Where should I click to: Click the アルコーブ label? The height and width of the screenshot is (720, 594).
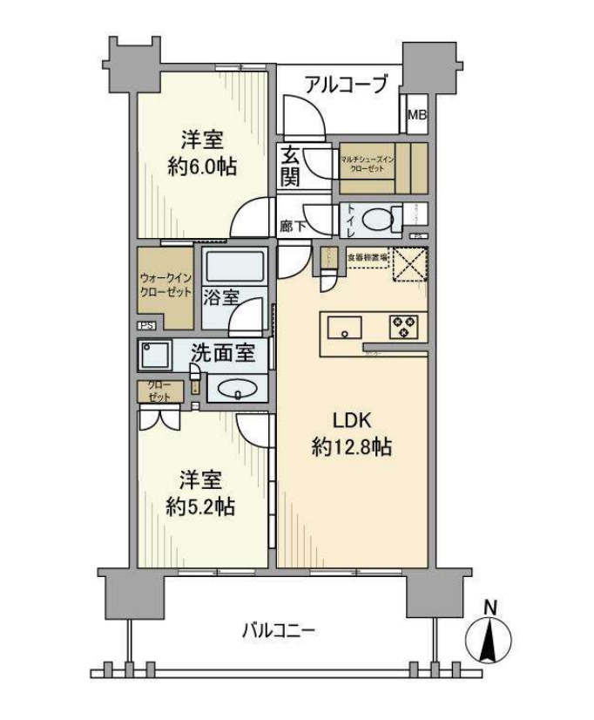coord(345,85)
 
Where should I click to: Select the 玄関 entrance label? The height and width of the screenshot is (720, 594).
coord(291,166)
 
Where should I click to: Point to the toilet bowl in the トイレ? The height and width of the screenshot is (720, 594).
coord(376,220)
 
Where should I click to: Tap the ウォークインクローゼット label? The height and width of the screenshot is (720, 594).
coord(164,286)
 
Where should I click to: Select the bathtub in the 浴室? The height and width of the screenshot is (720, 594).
coord(236,266)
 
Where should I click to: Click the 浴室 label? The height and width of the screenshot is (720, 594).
coord(221,296)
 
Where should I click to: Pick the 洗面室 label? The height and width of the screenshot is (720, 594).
coord(222,354)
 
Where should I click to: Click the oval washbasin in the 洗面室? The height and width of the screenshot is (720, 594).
coord(235,390)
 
